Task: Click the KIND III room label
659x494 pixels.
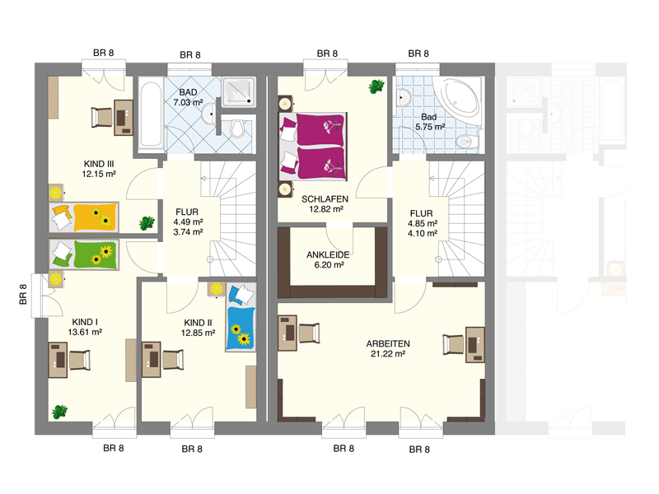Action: pos(99,164)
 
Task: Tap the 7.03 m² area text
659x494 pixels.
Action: pos(188,102)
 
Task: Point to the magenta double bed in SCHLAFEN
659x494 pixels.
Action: pos(313,147)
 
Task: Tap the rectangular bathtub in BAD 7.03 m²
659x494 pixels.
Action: pos(151,114)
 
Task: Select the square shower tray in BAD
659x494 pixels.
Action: pos(239,91)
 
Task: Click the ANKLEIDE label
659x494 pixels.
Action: pos(328,254)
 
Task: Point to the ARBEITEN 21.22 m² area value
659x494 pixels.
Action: pos(387,354)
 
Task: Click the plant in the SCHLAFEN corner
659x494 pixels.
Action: pos(376,86)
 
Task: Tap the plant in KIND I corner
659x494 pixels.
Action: pos(59,412)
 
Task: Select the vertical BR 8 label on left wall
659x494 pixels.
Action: pos(23,294)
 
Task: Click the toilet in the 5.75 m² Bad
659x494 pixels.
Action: pos(467,141)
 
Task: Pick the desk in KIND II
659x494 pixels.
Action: pos(152,360)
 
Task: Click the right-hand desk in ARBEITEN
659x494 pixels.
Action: pos(475,344)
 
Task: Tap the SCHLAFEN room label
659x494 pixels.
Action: pos(325,199)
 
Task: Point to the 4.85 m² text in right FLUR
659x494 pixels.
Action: pos(423,223)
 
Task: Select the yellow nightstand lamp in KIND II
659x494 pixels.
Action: pos(217,289)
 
